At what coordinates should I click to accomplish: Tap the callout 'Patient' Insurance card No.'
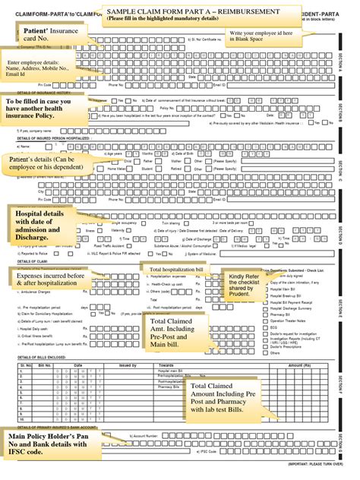click(x=44, y=33)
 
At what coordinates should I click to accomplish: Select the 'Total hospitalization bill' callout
click(x=175, y=270)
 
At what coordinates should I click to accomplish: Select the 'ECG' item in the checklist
click(x=274, y=327)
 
